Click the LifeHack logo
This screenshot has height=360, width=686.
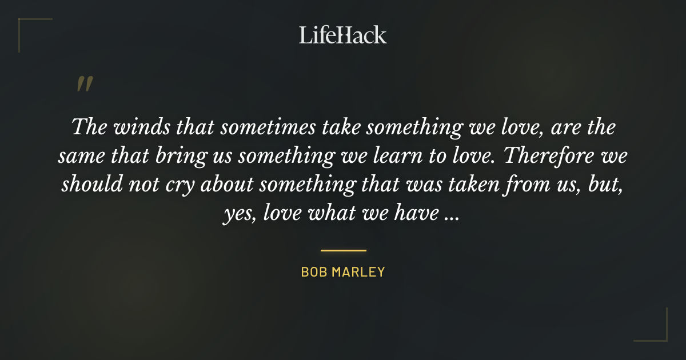click(x=343, y=35)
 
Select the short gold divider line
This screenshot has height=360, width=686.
click(x=343, y=250)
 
